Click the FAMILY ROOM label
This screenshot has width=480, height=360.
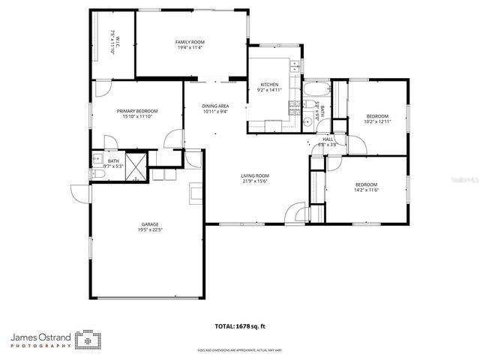click(190, 42)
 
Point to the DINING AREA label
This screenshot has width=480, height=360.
click(215, 106)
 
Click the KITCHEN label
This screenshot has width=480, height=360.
click(270, 84)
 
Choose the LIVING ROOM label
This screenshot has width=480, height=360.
click(255, 175)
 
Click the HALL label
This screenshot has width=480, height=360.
click(328, 139)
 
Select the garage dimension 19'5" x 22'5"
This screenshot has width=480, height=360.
click(149, 230)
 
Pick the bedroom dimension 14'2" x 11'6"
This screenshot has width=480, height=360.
click(366, 190)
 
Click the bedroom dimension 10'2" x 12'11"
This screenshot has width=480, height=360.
click(376, 121)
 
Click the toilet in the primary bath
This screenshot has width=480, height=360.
click(97, 174)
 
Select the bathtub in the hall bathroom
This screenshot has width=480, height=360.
click(312, 94)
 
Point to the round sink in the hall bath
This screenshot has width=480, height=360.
click(307, 121)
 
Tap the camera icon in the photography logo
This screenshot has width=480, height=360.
click(88, 340)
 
